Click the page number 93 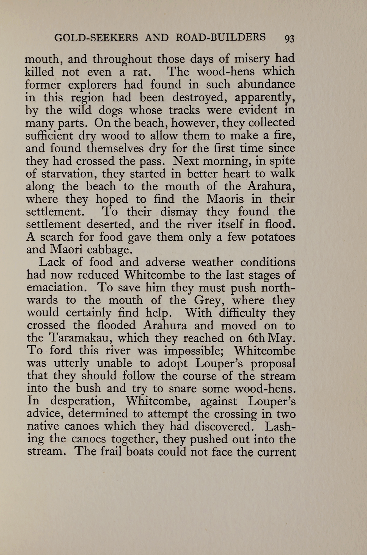(289, 38)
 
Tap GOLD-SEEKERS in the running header (96, 38)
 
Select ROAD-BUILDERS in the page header (220, 37)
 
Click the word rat (141, 72)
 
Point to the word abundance (266, 84)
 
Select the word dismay (179, 212)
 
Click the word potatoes (273, 237)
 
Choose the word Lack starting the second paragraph (52, 262)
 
